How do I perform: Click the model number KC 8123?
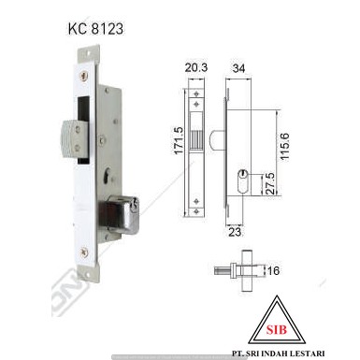[95, 28]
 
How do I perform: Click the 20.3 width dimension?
[195, 67]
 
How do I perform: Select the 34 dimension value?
[239, 67]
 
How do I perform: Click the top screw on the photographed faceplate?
[85, 76]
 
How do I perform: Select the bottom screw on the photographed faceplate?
[86, 251]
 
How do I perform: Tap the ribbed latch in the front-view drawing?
[196, 142]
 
